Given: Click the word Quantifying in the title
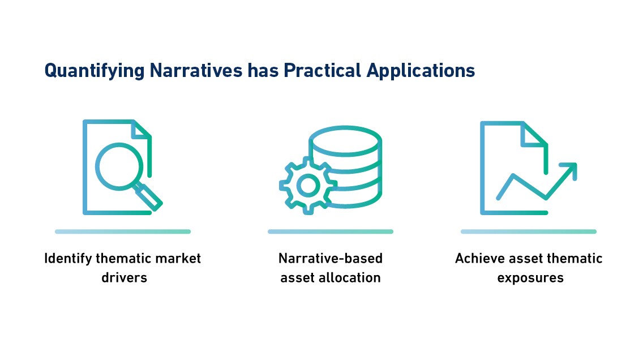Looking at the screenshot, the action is [x=95, y=71].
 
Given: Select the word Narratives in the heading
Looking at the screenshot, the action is [x=196, y=70].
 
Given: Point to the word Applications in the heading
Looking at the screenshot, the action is [x=421, y=71].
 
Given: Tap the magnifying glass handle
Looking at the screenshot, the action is [x=149, y=198].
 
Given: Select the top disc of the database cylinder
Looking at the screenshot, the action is [x=345, y=141].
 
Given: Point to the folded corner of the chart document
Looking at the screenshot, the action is [x=534, y=135].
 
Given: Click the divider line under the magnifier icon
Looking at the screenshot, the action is [x=123, y=232].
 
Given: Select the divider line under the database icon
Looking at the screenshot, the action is [x=331, y=232].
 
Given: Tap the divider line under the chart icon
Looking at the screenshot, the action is [x=529, y=232].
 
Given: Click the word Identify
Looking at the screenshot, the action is [x=68, y=259].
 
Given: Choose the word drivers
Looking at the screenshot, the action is [x=125, y=277].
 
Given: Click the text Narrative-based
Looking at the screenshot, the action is [x=331, y=258].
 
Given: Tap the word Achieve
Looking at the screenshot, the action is [x=479, y=258].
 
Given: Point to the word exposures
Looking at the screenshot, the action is [x=530, y=278].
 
